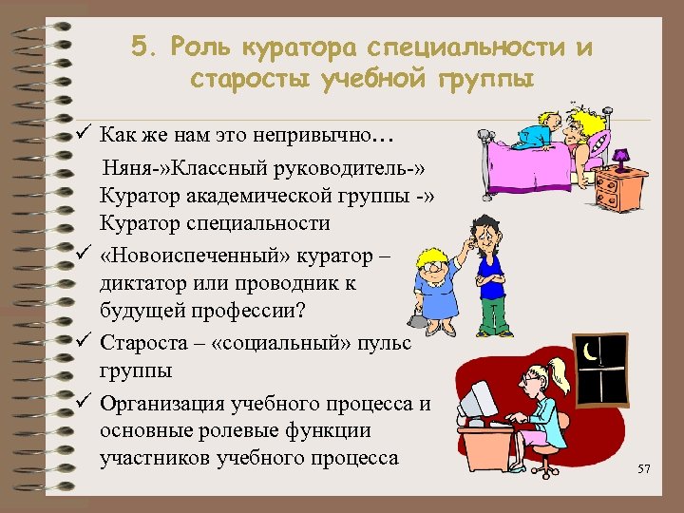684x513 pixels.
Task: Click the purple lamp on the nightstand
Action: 621,157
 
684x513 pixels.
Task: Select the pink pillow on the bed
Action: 598,145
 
